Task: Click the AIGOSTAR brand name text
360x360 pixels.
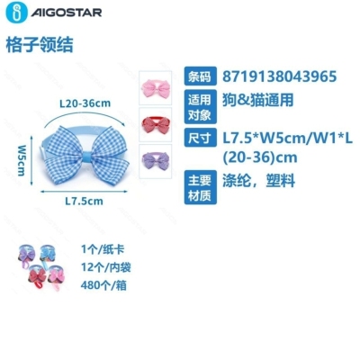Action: pyautogui.click(x=67, y=13)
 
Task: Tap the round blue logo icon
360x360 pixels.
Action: pyautogui.click(x=16, y=13)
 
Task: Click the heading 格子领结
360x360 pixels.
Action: pyautogui.click(x=40, y=45)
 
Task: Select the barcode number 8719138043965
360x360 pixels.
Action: pyautogui.click(x=279, y=76)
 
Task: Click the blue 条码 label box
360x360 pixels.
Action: pyautogui.click(x=200, y=76)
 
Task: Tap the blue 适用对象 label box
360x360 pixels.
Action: pyautogui.click(x=200, y=107)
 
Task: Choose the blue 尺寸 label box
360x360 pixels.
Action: pyautogui.click(x=200, y=138)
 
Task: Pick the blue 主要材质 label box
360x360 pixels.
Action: pyautogui.click(x=200, y=187)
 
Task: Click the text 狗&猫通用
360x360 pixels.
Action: pyautogui.click(x=257, y=100)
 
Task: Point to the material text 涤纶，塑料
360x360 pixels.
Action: pyautogui.click(x=258, y=180)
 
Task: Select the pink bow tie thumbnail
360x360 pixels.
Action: pyautogui.click(x=156, y=88)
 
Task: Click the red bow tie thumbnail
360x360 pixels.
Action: pyautogui.click(x=156, y=124)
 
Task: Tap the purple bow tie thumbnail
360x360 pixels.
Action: pyautogui.click(x=156, y=161)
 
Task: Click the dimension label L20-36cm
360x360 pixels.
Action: pyautogui.click(x=85, y=103)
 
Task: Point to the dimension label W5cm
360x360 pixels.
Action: pyautogui.click(x=22, y=160)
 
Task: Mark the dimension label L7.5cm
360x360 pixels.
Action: pyautogui.click(x=85, y=201)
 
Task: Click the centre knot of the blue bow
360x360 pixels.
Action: pyautogui.click(x=87, y=157)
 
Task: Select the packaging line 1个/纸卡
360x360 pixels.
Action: pyautogui.click(x=103, y=249)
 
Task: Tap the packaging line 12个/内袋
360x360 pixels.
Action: pyautogui.click(x=105, y=267)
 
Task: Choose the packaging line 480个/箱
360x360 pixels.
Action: pyautogui.click(x=103, y=285)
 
